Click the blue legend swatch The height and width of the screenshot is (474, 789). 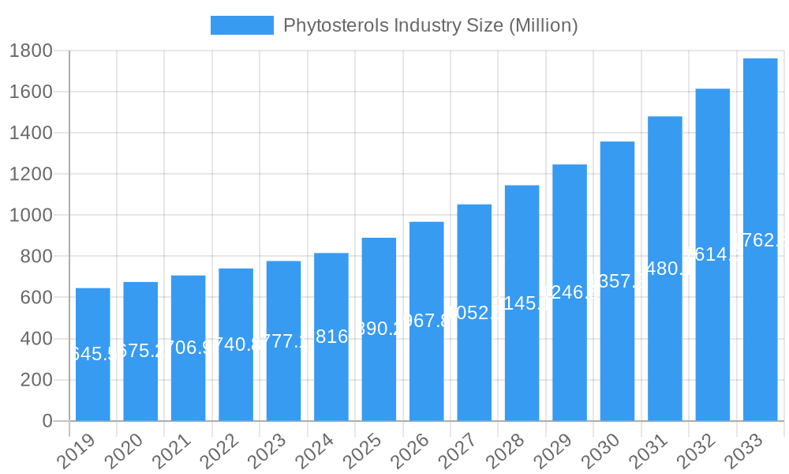click(x=241, y=25)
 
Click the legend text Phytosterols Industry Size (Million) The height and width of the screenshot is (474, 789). click(x=430, y=25)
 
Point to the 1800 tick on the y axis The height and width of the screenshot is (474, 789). click(x=31, y=51)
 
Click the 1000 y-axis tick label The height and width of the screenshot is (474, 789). click(x=31, y=216)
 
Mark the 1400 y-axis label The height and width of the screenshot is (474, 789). click(x=31, y=133)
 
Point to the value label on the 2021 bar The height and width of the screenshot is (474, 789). click(x=188, y=348)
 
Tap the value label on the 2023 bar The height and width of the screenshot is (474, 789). click(x=283, y=342)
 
